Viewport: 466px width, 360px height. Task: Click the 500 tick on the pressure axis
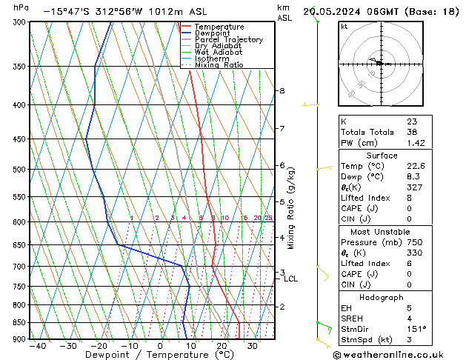tap(19, 170)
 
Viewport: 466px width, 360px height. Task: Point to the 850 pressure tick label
tap(19, 323)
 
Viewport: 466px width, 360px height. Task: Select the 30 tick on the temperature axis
tap(253, 346)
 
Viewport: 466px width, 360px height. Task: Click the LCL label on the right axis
tap(290, 279)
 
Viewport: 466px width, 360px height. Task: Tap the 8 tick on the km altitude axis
tap(282, 91)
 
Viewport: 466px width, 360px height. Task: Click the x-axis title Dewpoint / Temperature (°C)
tap(149, 355)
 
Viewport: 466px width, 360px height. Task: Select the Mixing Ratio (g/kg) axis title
tap(290, 208)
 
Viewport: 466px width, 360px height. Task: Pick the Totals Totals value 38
tap(413, 132)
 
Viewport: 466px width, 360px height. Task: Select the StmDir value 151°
tap(416, 329)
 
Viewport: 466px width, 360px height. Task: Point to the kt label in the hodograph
tap(344, 26)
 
